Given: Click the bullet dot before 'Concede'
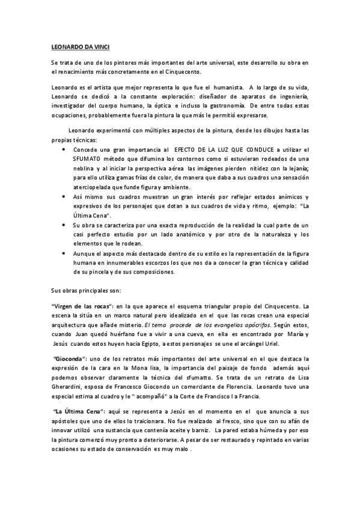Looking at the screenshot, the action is tap(64, 149).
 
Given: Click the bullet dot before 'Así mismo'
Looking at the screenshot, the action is tap(64, 196).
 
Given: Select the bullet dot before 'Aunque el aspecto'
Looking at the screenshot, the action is tap(64, 254).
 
